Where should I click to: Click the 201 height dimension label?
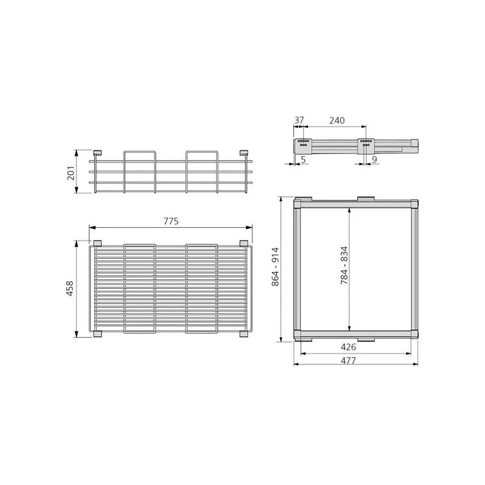(x=71, y=173)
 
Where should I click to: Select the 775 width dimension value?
(x=171, y=221)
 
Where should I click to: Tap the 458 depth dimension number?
(x=70, y=289)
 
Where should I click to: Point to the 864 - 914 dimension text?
(x=275, y=267)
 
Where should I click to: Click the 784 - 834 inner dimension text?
(x=344, y=266)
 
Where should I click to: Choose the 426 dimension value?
(x=348, y=347)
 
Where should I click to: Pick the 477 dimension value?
(x=348, y=361)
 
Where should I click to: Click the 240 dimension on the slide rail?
(x=337, y=120)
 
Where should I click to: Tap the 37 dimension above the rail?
(x=299, y=120)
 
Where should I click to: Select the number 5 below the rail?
(x=303, y=159)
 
